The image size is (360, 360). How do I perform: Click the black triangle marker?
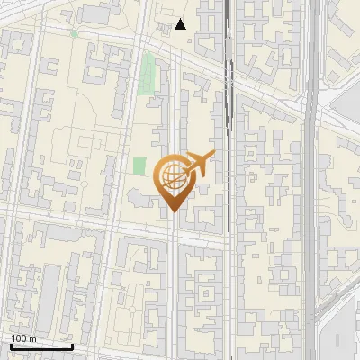(181, 24)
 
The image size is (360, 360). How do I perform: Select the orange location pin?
(174, 180)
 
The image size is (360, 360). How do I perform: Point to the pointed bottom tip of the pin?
(173, 211)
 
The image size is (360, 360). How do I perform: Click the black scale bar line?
(41, 346)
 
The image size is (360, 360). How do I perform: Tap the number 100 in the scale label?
(20, 338)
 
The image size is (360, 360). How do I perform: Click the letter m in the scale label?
(32, 338)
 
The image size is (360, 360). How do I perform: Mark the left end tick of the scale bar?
(11, 345)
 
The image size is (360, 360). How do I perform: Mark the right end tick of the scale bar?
(72, 345)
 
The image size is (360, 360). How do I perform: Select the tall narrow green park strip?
(148, 71)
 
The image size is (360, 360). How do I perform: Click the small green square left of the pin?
(139, 166)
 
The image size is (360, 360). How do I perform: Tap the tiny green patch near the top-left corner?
(74, 34)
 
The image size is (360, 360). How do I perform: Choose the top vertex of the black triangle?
(181, 19)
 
